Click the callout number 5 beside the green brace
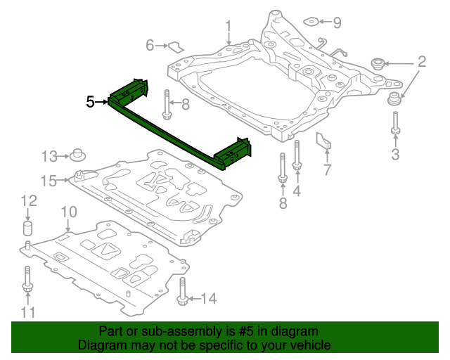pos(90,102)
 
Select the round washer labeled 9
pos(314,22)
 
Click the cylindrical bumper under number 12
pos(29,229)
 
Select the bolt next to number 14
pos(183,292)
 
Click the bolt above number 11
pos(27,279)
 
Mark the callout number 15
pos(48,181)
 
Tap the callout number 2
pos(421,62)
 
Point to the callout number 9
pos(337,23)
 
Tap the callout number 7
pos(326,169)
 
